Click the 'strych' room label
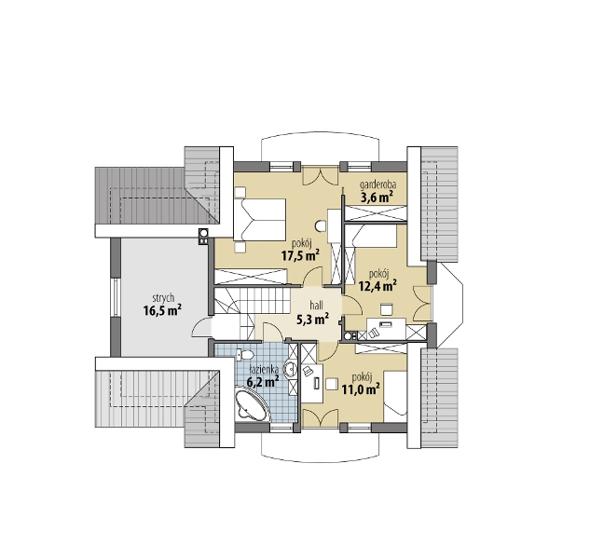tap(163, 298)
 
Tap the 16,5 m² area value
tap(162, 311)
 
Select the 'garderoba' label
tap(377, 184)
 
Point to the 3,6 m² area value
tap(377, 198)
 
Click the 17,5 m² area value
tap(300, 256)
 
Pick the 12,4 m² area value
tap(377, 287)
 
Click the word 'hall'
tap(316, 305)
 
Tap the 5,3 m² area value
tap(313, 320)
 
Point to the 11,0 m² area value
tap(360, 389)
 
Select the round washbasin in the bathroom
tap(291, 368)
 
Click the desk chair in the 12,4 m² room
tap(387, 309)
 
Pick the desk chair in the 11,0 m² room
tap(331, 384)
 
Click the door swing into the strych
tap(202, 327)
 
